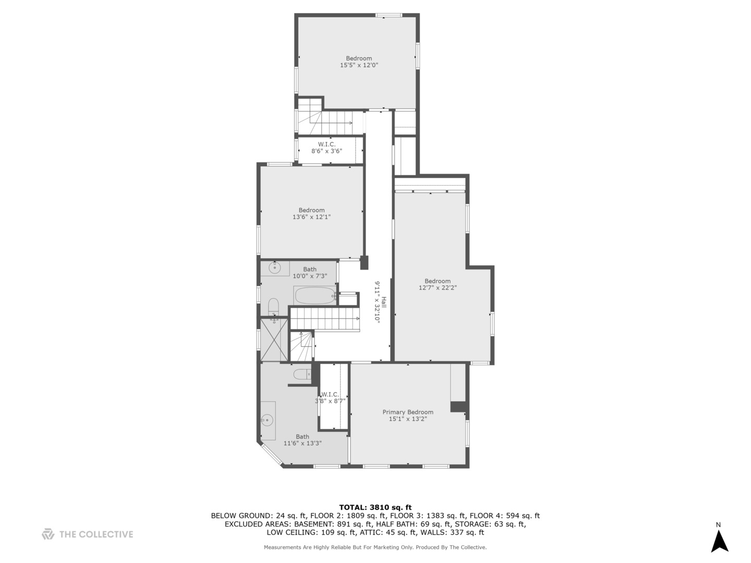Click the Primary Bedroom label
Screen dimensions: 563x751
(407, 415)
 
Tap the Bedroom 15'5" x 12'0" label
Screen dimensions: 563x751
(359, 62)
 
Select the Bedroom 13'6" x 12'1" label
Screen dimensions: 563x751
(311, 214)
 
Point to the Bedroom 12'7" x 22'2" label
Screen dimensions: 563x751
(437, 284)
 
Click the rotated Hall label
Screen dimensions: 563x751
(380, 302)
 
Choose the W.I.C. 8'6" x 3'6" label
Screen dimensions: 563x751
(326, 148)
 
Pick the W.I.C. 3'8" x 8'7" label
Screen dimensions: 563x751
(330, 398)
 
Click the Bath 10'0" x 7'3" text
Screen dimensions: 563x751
(310, 273)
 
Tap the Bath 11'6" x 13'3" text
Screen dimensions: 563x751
(302, 440)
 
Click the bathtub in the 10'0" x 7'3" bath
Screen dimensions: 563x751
(315, 296)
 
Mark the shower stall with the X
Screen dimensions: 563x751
(274, 339)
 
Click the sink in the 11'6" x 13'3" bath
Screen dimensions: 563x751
(268, 420)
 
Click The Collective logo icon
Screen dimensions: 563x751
(48, 534)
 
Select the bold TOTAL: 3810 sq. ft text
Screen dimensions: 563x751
(375, 507)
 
